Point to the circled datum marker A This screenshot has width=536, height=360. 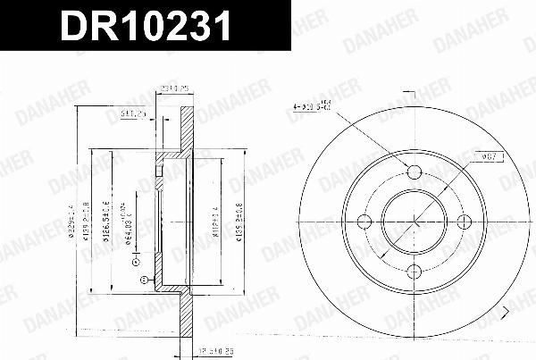coord(136,262)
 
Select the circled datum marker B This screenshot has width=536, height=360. coord(143,280)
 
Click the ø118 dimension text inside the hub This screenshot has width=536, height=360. coord(216,219)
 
